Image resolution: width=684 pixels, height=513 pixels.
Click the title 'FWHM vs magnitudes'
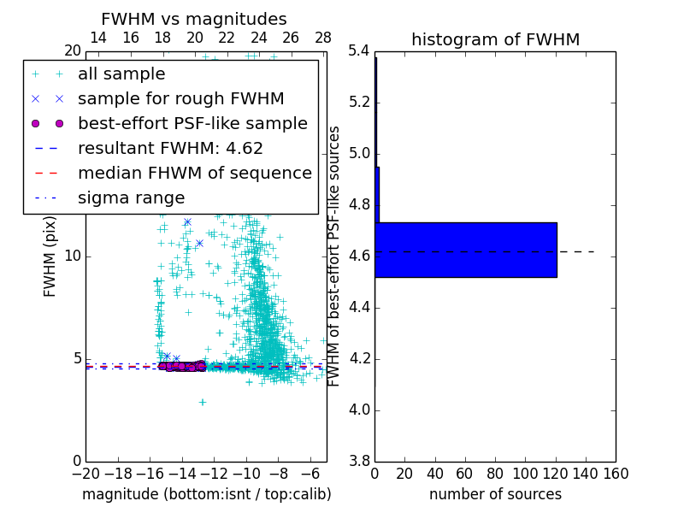(x=193, y=19)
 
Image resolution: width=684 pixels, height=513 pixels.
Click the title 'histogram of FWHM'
(x=495, y=39)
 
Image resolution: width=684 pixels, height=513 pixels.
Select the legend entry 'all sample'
(x=121, y=74)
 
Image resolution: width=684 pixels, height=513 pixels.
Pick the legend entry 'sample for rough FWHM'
(x=180, y=99)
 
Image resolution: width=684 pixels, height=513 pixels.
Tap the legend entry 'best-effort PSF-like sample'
(x=192, y=124)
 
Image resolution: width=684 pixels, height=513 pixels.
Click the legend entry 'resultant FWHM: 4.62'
(x=170, y=149)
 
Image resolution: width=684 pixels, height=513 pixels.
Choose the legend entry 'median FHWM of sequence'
(x=194, y=174)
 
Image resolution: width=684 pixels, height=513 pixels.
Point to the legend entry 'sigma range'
(x=131, y=198)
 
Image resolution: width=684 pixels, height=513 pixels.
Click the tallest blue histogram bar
(x=466, y=250)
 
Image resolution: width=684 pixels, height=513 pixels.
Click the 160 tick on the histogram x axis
(x=616, y=473)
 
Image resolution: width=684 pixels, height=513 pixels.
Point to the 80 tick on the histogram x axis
(x=495, y=473)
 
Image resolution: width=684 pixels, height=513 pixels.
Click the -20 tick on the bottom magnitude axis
(x=85, y=473)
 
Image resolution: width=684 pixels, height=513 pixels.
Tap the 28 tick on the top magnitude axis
(x=323, y=38)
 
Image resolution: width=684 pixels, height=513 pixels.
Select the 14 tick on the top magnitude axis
(x=98, y=38)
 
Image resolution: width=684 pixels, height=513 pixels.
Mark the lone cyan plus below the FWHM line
(x=203, y=402)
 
